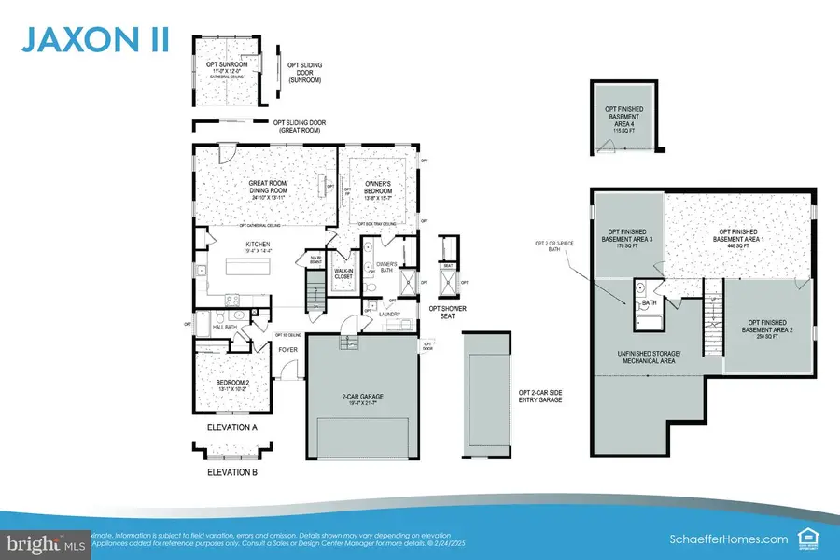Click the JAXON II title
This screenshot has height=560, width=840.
coord(91,41)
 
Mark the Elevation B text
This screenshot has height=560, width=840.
coord(231,472)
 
